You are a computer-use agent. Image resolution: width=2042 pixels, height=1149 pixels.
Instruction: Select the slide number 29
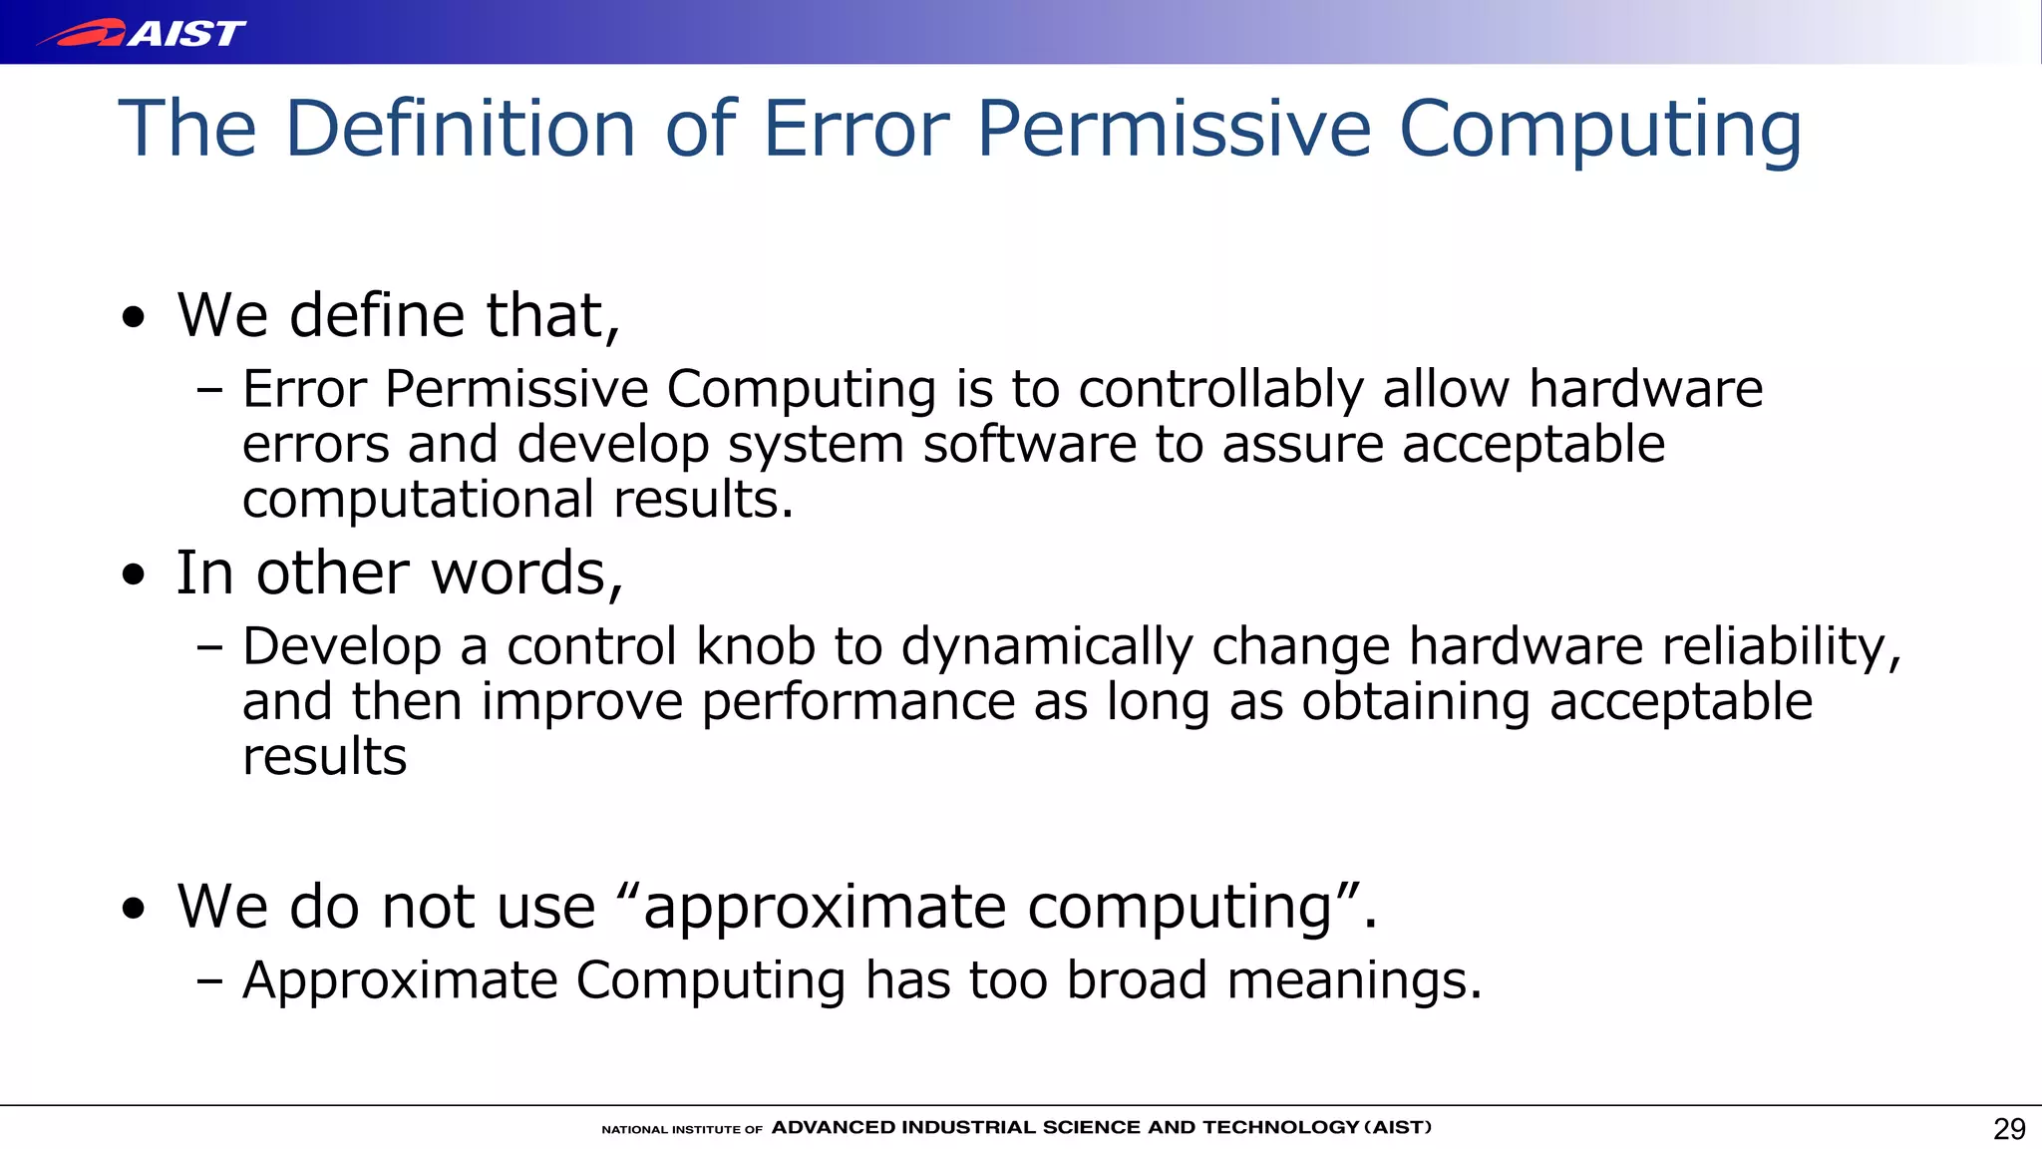tap(2009, 1129)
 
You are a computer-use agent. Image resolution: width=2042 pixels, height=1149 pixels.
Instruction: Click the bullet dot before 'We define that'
tap(134, 319)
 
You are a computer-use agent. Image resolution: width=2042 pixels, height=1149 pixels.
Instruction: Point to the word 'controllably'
tap(1220, 389)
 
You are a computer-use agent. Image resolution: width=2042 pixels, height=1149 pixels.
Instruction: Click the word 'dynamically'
tap(1047, 646)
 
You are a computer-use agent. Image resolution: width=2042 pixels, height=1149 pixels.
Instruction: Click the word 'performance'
tap(857, 702)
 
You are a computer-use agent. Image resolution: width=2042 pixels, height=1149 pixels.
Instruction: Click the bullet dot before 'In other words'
tap(134, 575)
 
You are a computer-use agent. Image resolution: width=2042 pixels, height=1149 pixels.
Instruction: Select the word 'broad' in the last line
tap(1137, 979)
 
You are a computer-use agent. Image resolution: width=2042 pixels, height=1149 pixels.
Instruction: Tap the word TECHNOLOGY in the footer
tap(1280, 1128)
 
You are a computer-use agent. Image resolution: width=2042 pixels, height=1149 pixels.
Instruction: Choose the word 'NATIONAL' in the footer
tap(634, 1130)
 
